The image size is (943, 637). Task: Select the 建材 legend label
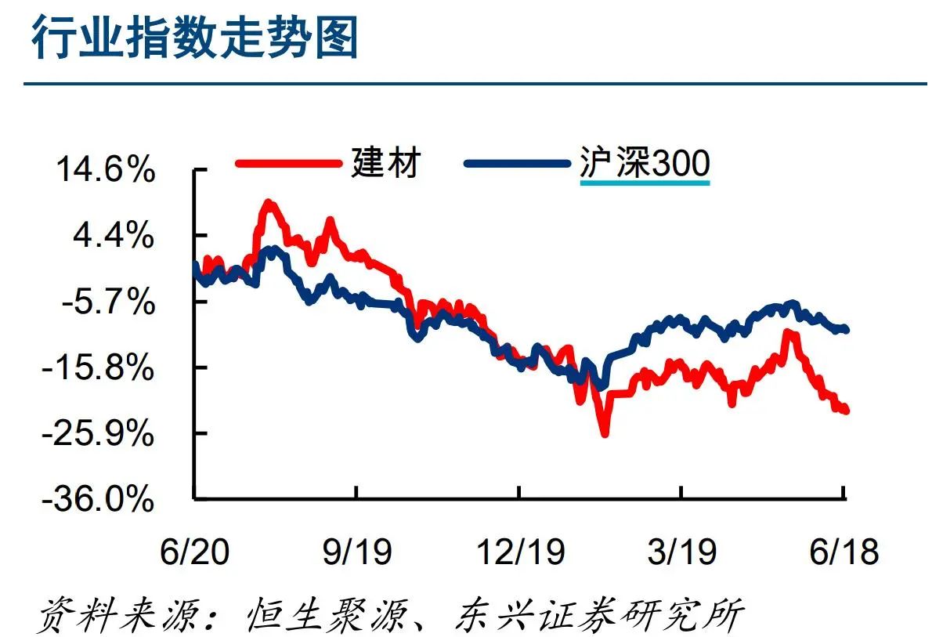click(x=386, y=163)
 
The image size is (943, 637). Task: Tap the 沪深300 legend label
click(x=645, y=164)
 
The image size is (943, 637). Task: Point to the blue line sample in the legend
click(x=517, y=164)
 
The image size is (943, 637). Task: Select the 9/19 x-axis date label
click(x=356, y=552)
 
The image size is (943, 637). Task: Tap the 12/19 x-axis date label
click(x=521, y=552)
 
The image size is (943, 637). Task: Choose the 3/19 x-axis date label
click(x=682, y=552)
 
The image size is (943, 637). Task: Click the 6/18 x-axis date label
click(x=844, y=552)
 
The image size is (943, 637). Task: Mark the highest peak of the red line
click(x=269, y=204)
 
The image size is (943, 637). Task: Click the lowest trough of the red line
click(x=604, y=433)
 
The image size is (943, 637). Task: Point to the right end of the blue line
click(x=846, y=329)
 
